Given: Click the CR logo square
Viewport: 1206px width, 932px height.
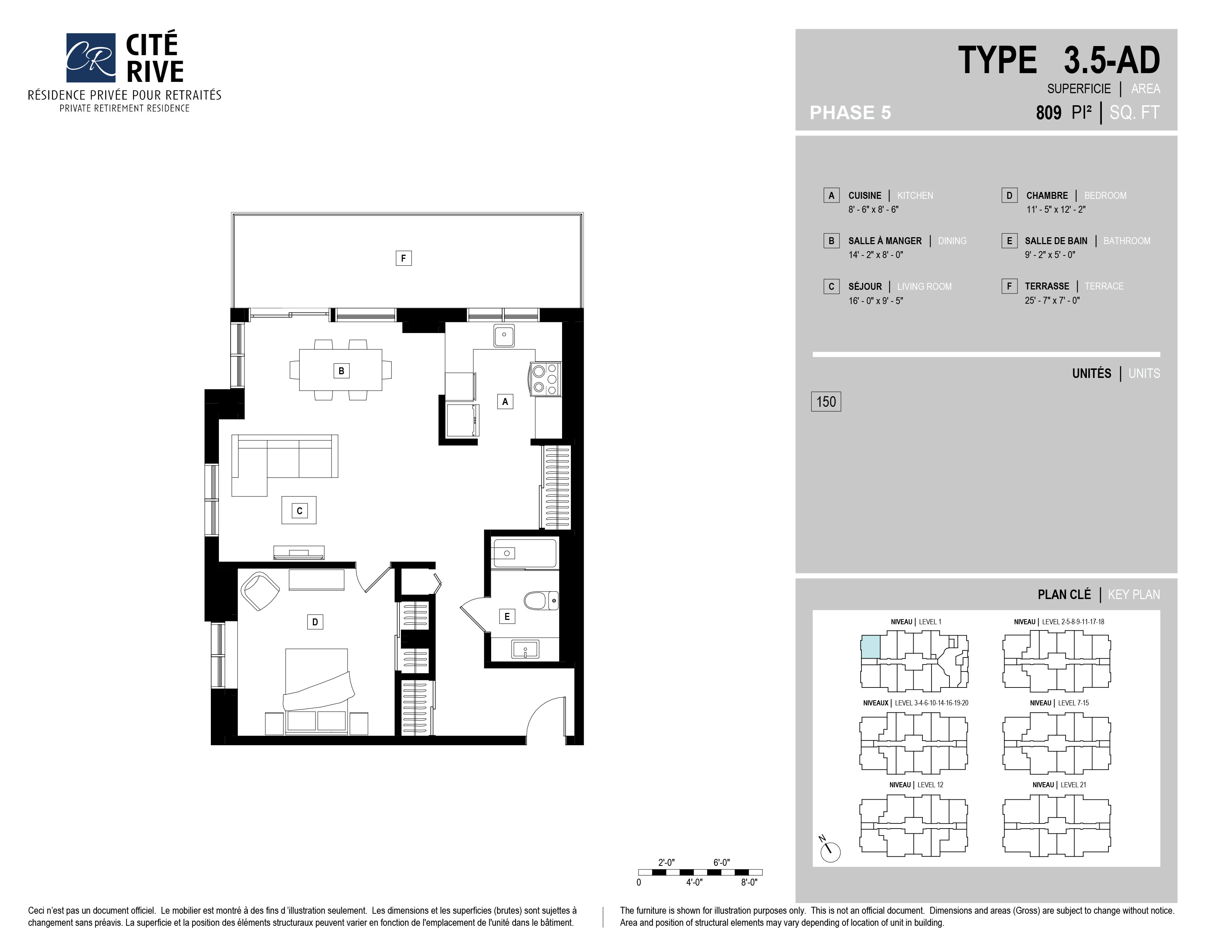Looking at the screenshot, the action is click(91, 57).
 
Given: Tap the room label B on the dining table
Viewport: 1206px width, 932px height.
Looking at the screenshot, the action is click(341, 371).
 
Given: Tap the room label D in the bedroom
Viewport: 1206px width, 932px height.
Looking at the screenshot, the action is click(315, 622).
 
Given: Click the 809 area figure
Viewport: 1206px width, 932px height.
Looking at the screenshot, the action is click(1048, 113).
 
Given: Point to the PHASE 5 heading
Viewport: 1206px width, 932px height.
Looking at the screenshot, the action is click(850, 113).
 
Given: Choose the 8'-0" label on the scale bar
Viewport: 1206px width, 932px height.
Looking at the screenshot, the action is click(749, 882).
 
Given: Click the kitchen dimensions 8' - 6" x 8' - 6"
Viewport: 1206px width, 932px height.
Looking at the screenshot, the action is click(873, 210).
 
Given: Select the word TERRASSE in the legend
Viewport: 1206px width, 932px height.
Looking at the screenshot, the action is click(1047, 286).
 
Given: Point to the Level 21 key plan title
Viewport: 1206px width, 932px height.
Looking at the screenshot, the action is click(1059, 785).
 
